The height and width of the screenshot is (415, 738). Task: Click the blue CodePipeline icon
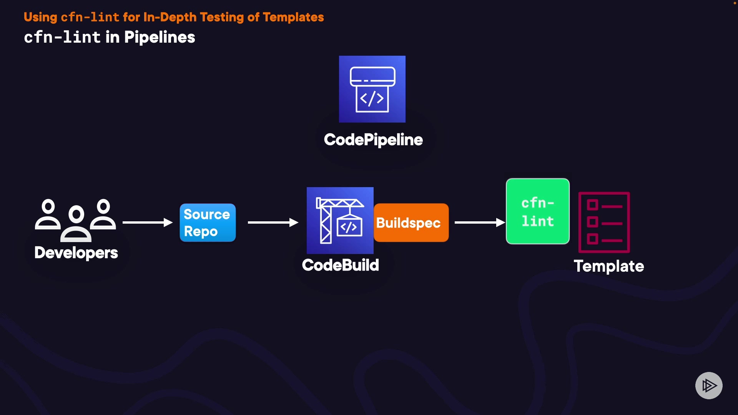click(x=372, y=89)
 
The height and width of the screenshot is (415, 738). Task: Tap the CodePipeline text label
click(x=373, y=140)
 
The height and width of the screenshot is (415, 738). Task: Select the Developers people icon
click(x=76, y=220)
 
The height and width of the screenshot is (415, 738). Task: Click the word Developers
click(x=76, y=253)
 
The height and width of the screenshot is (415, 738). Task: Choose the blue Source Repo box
click(x=208, y=223)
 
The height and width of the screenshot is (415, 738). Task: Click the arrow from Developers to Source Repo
click(x=148, y=222)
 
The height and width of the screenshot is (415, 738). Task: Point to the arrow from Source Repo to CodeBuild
click(x=273, y=222)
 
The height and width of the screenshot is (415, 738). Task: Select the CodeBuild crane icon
click(x=340, y=221)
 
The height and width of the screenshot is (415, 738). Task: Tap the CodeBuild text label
click(x=341, y=265)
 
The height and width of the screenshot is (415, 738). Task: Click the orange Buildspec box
click(x=411, y=223)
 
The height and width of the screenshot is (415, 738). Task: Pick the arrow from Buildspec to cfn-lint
click(x=480, y=222)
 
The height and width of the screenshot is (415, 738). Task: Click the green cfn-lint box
click(x=538, y=211)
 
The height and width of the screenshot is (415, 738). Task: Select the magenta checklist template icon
click(x=604, y=222)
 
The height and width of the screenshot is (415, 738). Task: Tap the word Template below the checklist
click(x=609, y=266)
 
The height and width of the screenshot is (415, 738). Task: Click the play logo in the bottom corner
click(x=709, y=385)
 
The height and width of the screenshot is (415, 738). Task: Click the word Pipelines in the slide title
click(x=160, y=38)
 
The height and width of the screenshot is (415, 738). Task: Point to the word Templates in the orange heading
click(x=293, y=17)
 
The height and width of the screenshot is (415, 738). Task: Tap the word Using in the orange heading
click(x=40, y=18)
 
